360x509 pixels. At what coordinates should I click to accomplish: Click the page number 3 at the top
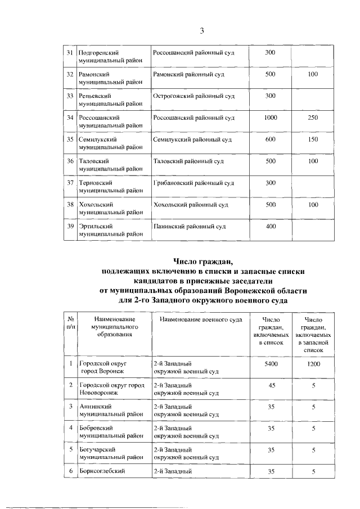tap(201, 30)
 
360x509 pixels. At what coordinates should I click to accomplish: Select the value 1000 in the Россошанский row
tap(271, 118)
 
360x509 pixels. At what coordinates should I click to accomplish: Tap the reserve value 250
tap(313, 118)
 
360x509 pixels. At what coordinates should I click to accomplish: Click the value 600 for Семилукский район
tap(271, 139)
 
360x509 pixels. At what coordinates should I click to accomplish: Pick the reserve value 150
tap(313, 139)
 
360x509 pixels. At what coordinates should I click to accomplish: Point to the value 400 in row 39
tap(271, 227)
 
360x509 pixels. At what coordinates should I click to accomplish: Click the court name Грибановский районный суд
tap(193, 183)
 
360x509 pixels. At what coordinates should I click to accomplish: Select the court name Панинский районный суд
tap(189, 227)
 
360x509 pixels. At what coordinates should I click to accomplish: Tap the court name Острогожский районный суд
tap(193, 96)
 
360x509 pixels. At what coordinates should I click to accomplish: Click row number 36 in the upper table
tap(70, 161)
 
